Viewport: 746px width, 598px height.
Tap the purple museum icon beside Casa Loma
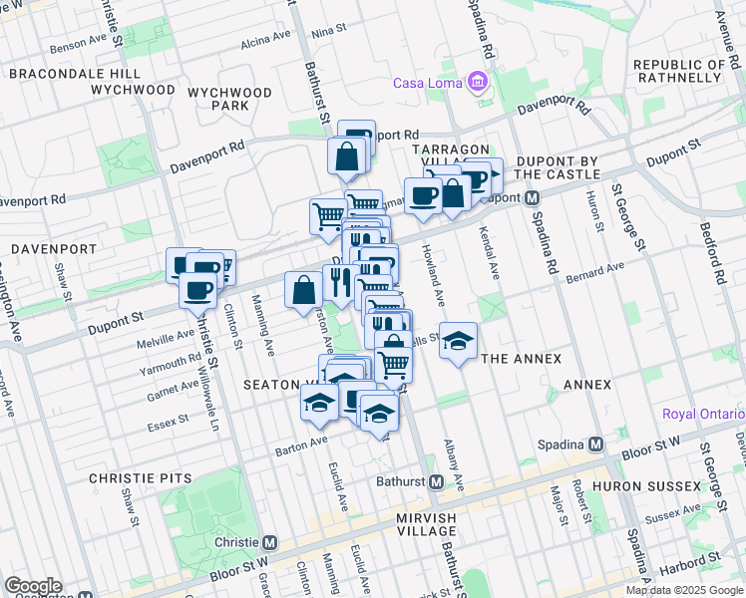pyautogui.click(x=480, y=82)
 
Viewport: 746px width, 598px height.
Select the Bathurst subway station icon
pyautogui.click(x=436, y=482)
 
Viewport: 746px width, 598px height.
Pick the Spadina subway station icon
pyautogui.click(x=596, y=444)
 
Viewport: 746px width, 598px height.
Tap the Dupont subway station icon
pyautogui.click(x=533, y=197)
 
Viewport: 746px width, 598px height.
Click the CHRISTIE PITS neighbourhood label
pyautogui.click(x=140, y=478)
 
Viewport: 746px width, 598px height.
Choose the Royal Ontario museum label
pyautogui.click(x=704, y=414)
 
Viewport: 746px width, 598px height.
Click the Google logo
pyautogui.click(x=33, y=586)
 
